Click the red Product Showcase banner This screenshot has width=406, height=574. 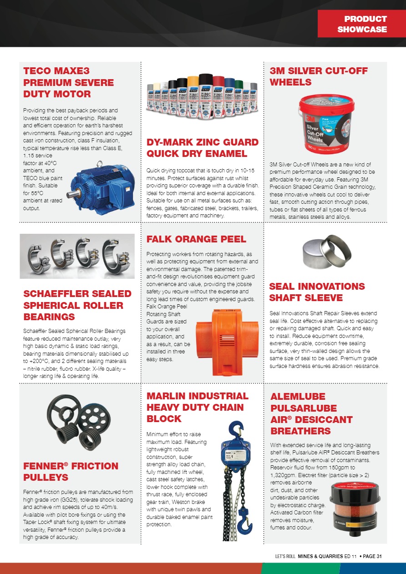(x=362, y=24)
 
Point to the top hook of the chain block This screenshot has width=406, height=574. (x=235, y=430)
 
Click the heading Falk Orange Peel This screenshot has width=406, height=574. (x=196, y=239)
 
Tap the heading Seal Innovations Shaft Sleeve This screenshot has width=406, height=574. (x=317, y=292)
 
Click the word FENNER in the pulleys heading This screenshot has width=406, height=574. (x=45, y=466)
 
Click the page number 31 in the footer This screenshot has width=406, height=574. (x=378, y=555)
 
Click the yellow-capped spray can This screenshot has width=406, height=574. (x=193, y=96)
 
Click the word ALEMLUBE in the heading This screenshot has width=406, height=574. (x=298, y=396)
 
